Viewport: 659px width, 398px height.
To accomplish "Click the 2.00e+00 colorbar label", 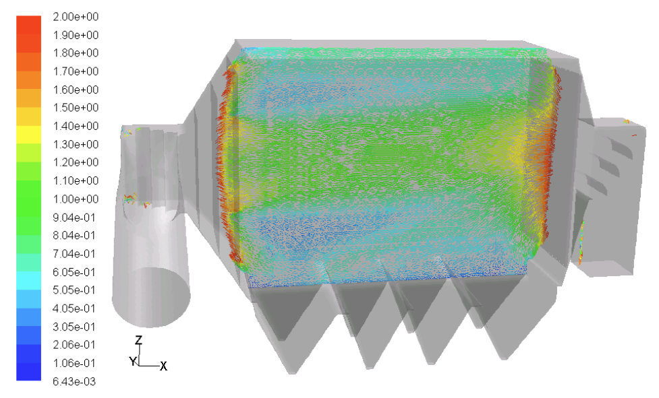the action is point(76,17).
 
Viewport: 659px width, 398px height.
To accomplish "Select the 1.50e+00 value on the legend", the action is point(76,108).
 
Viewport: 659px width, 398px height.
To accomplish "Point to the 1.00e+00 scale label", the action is point(76,199).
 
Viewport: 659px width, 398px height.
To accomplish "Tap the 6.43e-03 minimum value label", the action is point(74,382).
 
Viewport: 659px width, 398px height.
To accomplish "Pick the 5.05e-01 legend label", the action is point(74,290).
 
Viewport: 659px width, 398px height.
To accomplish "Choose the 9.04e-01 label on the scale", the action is point(74,218).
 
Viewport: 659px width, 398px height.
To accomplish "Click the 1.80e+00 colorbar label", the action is point(76,53).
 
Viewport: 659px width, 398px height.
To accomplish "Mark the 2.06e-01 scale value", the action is point(74,345).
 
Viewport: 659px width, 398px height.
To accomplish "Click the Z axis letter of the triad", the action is point(138,340).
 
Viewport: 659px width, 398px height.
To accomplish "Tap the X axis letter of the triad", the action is point(163,366).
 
